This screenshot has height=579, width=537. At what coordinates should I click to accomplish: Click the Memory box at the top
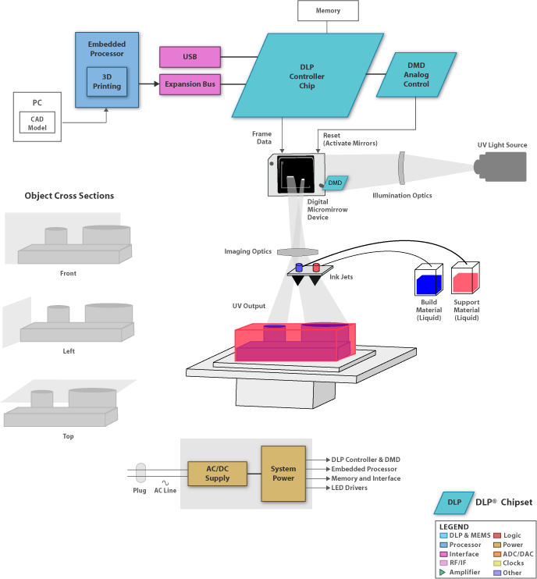coord(328,11)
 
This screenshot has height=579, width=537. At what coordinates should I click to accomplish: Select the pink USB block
coord(190,57)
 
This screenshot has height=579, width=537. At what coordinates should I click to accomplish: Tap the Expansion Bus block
coord(190,83)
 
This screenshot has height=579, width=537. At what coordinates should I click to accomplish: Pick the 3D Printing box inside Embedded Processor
coord(106,81)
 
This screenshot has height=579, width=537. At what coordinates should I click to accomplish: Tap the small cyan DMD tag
coord(336,183)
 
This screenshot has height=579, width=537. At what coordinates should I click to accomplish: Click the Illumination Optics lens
coord(401,169)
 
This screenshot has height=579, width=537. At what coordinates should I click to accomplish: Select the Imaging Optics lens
coord(297,251)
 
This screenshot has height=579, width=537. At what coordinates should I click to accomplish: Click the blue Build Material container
coord(428,279)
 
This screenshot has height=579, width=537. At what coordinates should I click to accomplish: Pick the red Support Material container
coord(466,279)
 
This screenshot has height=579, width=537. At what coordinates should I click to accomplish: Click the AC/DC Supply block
coord(217,473)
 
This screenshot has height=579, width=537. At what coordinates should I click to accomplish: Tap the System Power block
coord(283,473)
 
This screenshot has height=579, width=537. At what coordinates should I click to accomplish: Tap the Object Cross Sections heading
coord(69,196)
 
